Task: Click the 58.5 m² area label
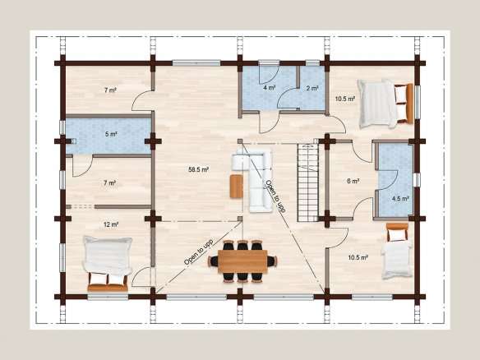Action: [x=199, y=169]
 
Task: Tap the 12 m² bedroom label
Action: [x=111, y=224]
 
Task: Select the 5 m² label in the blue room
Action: [x=111, y=134]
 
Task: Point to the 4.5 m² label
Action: [x=400, y=198]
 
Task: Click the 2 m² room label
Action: [x=312, y=88]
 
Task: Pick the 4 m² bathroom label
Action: [x=270, y=88]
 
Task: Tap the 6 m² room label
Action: [x=353, y=181]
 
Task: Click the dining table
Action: [x=242, y=261]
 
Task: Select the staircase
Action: [x=308, y=182]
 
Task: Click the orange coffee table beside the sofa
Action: [x=237, y=186]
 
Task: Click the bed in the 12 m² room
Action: [x=108, y=263]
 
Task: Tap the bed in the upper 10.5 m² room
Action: [x=385, y=104]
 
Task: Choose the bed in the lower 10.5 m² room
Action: [x=396, y=251]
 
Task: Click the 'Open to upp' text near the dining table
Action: [x=198, y=252]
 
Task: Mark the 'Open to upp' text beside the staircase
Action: [x=275, y=196]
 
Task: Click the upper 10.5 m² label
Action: [x=345, y=99]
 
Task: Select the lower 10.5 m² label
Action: [x=358, y=257]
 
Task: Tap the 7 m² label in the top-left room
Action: [x=110, y=90]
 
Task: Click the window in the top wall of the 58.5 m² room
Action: [x=196, y=63]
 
